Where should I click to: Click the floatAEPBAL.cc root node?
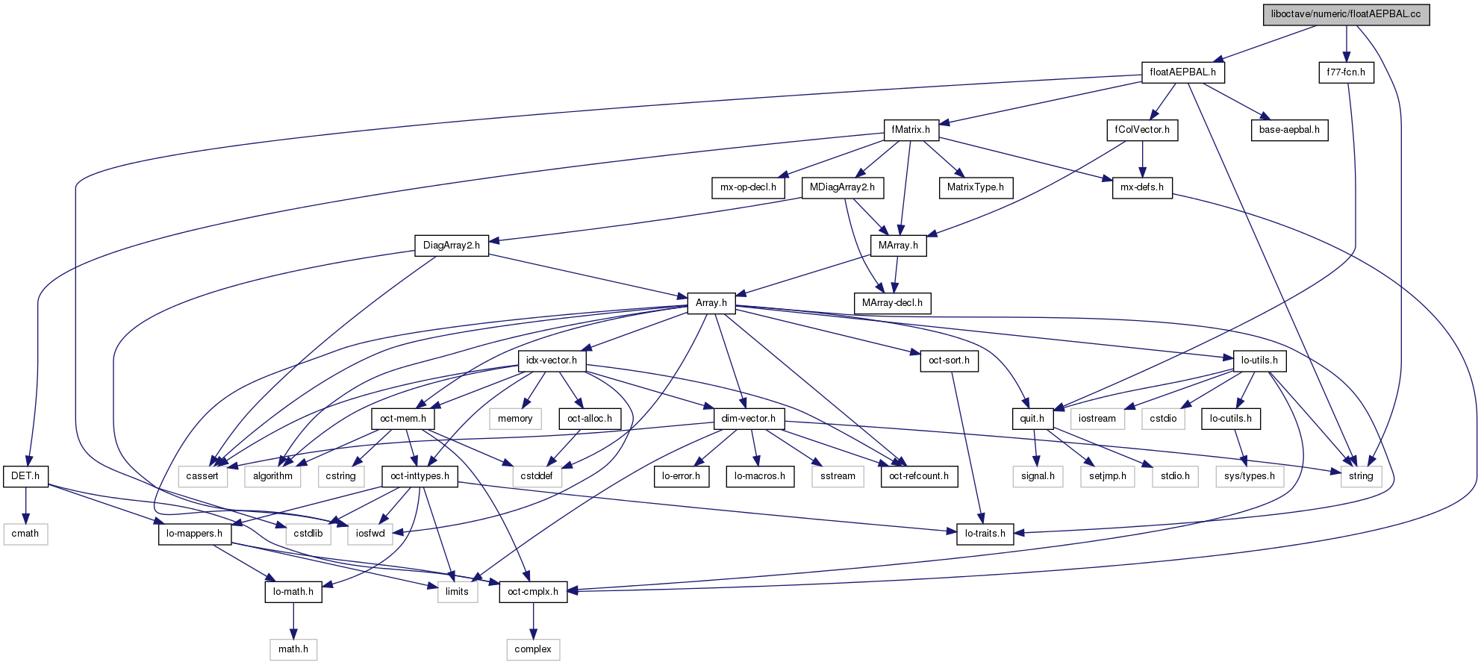coord(1346,14)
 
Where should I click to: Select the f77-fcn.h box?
coord(1346,72)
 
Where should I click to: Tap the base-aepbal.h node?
coord(1289,130)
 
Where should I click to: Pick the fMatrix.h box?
coord(911,130)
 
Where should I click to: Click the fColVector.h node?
coord(1142,130)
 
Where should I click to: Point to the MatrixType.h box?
coord(976,187)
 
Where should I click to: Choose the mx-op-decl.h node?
coord(748,187)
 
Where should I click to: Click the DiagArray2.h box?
coord(452,246)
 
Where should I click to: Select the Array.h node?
coord(711,303)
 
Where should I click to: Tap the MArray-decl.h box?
coord(892,303)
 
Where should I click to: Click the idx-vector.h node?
coord(552,360)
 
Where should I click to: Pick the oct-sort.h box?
coord(949,360)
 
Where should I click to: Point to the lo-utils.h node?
coord(1259,360)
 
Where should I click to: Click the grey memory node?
coord(515,419)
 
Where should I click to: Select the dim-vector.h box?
coord(749,419)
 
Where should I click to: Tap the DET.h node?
coord(26,476)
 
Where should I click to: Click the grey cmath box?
coord(25,534)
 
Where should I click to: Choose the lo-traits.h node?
coord(985,534)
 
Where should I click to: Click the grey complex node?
coord(533,649)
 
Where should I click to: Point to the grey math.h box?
coord(293,649)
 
